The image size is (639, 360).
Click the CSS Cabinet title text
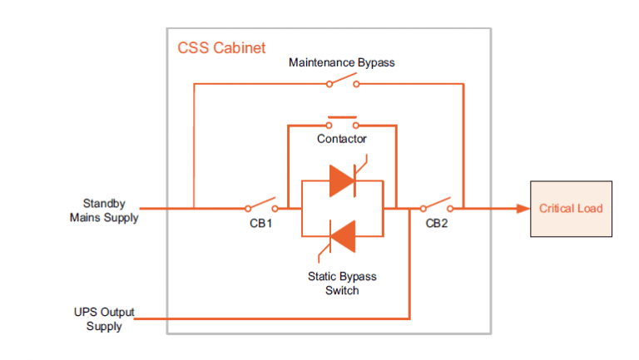[221, 48]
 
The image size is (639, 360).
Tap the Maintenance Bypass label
[341, 62]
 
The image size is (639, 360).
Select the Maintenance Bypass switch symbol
[342, 81]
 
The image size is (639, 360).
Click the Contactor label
[341, 139]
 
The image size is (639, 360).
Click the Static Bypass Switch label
[341, 284]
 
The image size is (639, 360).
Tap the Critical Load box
[571, 208]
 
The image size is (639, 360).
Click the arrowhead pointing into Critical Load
[522, 208]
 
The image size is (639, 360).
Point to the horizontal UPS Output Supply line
[275, 318]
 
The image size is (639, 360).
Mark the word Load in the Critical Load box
[590, 208]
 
